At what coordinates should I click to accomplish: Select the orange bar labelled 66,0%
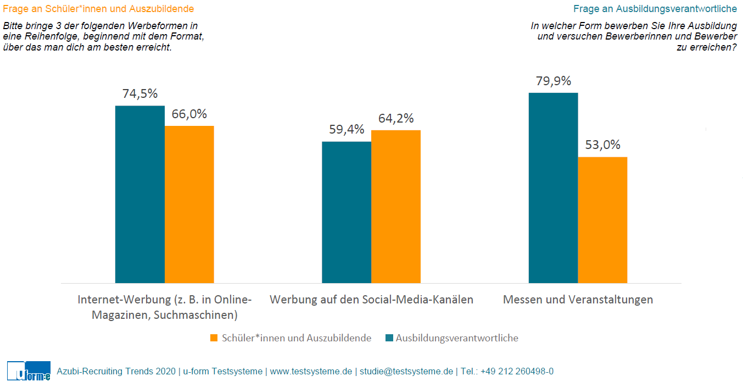189,204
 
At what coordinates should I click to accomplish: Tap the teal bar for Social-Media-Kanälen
346,212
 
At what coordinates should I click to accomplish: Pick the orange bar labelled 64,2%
395,207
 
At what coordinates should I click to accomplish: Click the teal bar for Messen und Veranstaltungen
553,188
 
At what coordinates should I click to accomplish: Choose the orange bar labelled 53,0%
602,220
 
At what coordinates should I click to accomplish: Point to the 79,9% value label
553,81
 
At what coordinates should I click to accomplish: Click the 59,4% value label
346,130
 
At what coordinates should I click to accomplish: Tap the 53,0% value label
602,145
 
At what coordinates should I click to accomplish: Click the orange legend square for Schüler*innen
214,338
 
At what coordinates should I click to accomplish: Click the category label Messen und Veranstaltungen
578,300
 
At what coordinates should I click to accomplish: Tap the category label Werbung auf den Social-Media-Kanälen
371,300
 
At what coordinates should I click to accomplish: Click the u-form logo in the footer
29,372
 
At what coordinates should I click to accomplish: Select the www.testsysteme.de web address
311,372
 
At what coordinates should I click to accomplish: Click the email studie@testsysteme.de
406,372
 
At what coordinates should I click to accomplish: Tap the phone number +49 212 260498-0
517,372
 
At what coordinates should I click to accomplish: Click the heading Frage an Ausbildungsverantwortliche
655,9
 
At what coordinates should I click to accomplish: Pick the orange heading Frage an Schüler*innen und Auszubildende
98,9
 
